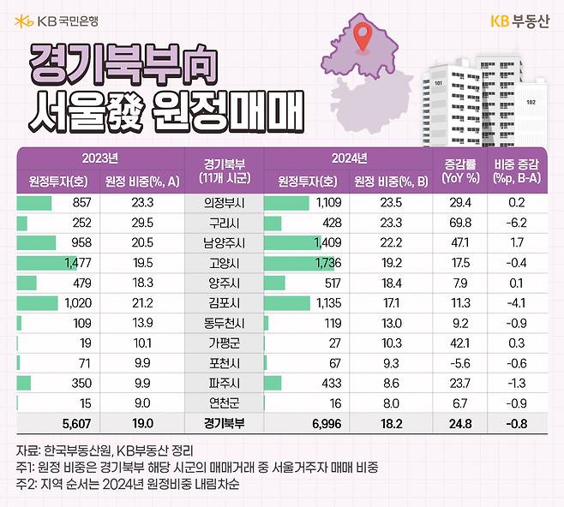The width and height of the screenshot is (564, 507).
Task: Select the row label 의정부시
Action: (x=225, y=203)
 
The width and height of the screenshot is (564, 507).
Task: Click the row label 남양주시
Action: (x=225, y=244)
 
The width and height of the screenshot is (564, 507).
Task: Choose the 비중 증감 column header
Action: (x=517, y=171)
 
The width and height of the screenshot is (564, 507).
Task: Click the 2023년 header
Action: (x=100, y=158)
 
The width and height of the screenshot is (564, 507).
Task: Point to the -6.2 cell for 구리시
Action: (x=517, y=224)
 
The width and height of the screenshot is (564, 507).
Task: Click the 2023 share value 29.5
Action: (x=142, y=224)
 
